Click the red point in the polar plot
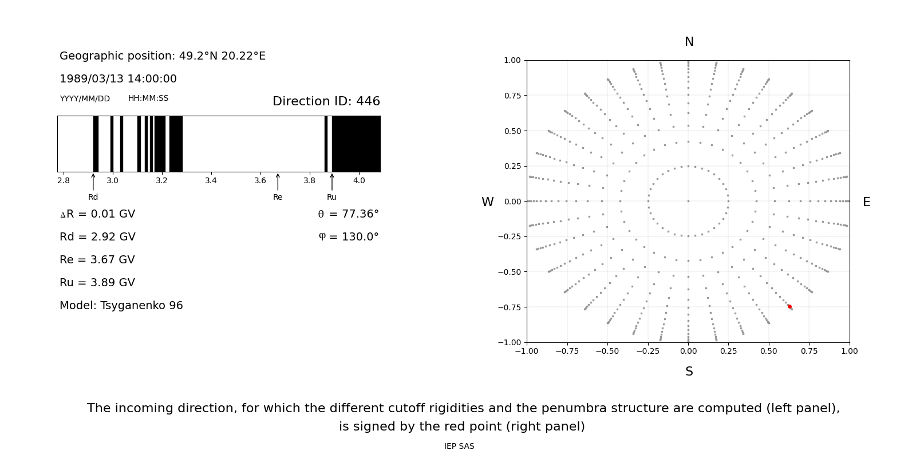(789, 307)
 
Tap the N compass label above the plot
(689, 42)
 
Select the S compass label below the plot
(689, 372)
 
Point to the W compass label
(487, 202)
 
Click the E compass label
(866, 202)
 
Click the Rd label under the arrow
(93, 197)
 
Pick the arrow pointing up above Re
(278, 182)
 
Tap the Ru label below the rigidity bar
(331, 197)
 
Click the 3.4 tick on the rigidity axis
(211, 180)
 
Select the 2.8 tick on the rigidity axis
(64, 180)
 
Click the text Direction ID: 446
(326, 101)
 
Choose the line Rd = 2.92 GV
(97, 236)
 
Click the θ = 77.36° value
(348, 214)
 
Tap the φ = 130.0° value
(349, 237)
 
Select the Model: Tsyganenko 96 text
(121, 305)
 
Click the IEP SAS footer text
(459, 446)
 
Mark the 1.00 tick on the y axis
(512, 60)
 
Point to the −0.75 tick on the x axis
(567, 351)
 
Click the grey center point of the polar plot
(688, 201)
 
